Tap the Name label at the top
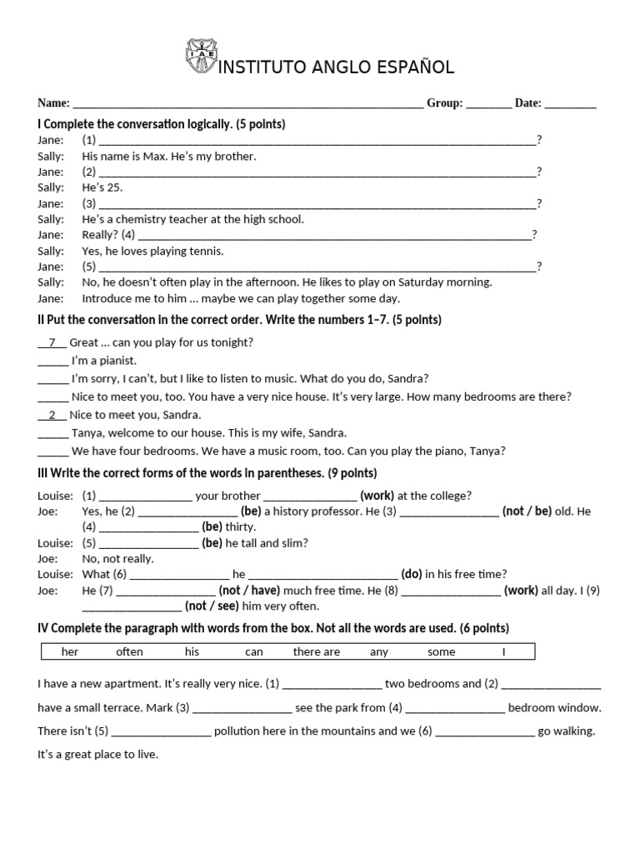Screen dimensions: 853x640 point(53,103)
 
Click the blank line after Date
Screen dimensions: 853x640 point(571,104)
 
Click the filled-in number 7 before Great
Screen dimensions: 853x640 point(52,342)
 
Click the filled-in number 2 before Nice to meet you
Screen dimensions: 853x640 point(52,415)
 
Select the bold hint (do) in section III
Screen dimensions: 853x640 point(412,574)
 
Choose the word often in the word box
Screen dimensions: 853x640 point(129,651)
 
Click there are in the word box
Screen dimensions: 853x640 point(316,651)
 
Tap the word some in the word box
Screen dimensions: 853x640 point(441,651)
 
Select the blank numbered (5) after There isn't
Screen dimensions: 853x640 point(161,732)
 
